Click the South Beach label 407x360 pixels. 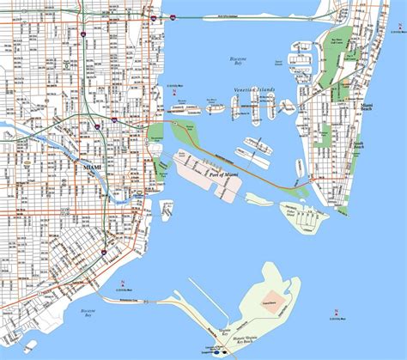point(358,145)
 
